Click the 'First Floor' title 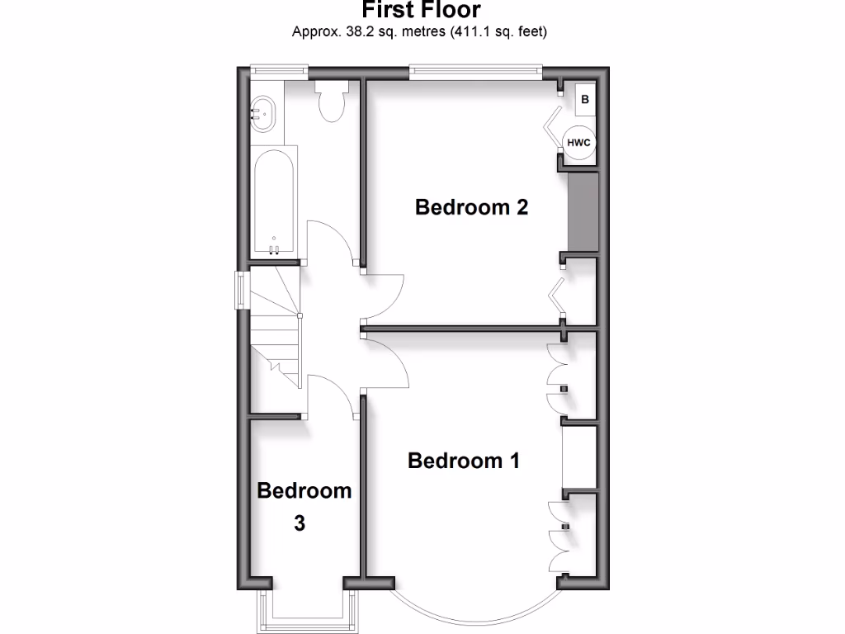pos(421,11)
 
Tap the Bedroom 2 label pos(471,206)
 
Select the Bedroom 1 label pos(464,460)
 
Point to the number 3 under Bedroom pos(300,523)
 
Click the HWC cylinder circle pos(579,143)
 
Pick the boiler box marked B pos(585,100)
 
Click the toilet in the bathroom pos(332,101)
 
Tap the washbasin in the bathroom pos(261,110)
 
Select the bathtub pos(273,203)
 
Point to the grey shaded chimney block pos(583,212)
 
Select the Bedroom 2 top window pos(476,72)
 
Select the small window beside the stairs pos(240,290)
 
